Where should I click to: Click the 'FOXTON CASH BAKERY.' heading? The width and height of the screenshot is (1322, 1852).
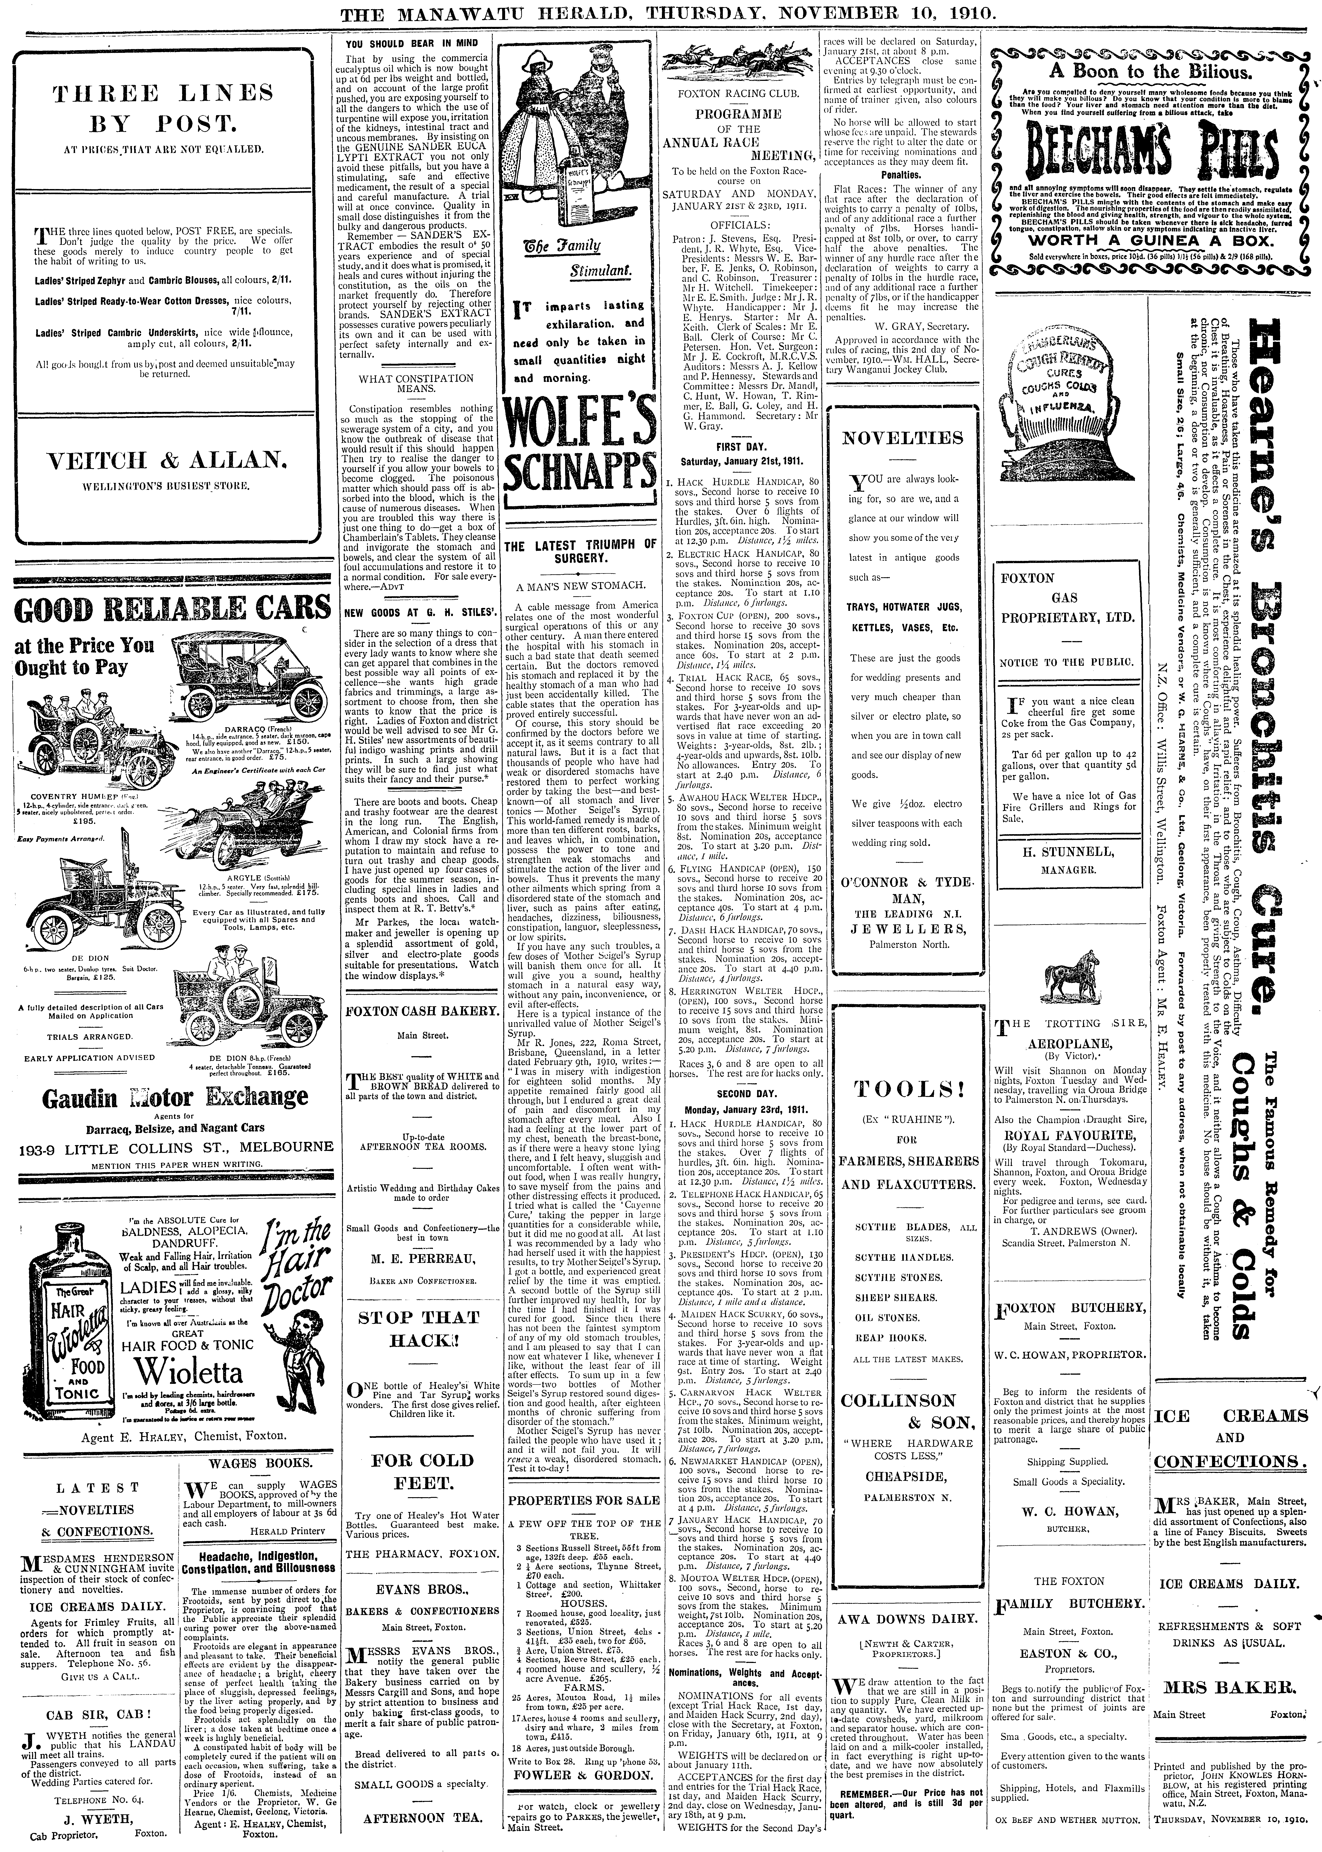click(420, 1011)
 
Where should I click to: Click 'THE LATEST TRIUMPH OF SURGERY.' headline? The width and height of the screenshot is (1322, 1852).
click(580, 551)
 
